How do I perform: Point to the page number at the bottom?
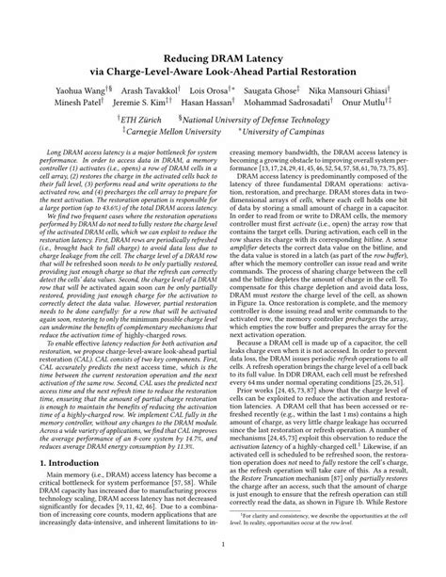pos(223,543)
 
